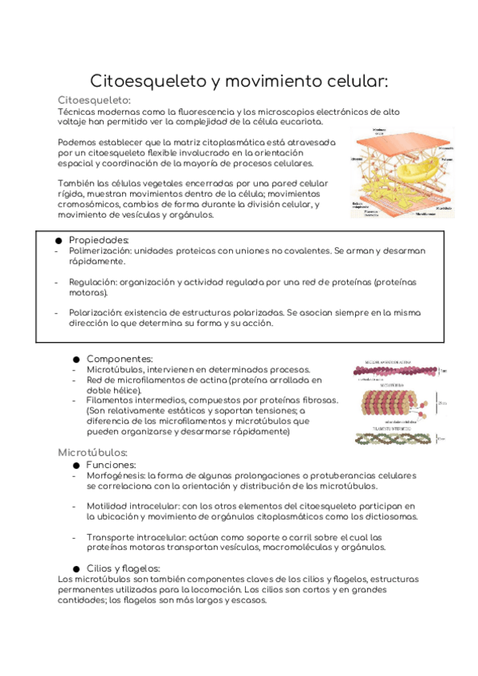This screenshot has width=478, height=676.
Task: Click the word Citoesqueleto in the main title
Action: pyautogui.click(x=148, y=81)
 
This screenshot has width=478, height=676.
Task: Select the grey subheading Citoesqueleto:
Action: pyautogui.click(x=94, y=100)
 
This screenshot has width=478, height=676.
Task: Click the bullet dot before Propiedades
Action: pyautogui.click(x=59, y=240)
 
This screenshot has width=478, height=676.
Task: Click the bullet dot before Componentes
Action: pyautogui.click(x=77, y=360)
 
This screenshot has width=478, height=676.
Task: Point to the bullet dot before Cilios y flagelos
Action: pyautogui.click(x=77, y=568)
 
